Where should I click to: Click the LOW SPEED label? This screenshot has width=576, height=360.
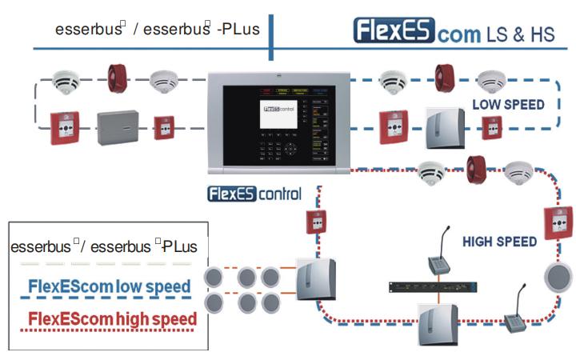click(x=508, y=104)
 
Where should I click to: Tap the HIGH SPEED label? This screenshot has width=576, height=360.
click(x=499, y=241)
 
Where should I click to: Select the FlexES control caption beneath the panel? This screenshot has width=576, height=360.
click(x=254, y=194)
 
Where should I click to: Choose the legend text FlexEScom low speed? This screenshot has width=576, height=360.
click(x=110, y=286)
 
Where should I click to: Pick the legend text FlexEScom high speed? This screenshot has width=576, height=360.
click(x=112, y=320)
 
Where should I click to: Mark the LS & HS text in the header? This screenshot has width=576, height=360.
click(x=522, y=34)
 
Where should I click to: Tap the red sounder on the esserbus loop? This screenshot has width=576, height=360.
click(x=118, y=78)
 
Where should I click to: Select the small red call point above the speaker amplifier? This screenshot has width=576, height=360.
click(x=315, y=222)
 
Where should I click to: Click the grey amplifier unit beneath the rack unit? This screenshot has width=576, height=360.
click(x=433, y=323)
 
